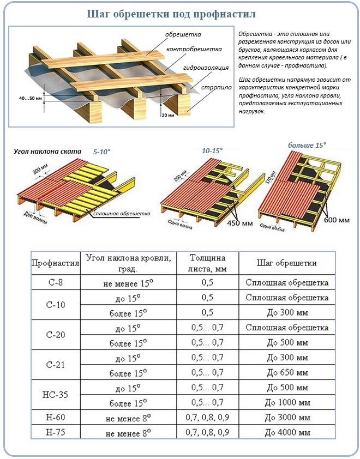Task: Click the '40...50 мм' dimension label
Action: click(x=29, y=98)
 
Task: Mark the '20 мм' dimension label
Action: click(x=167, y=115)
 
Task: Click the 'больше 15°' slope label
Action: click(x=307, y=145)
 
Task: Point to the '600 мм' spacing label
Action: click(x=336, y=220)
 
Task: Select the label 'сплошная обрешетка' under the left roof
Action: click(x=121, y=213)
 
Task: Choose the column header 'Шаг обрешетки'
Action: click(x=286, y=263)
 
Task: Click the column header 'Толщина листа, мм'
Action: click(x=207, y=263)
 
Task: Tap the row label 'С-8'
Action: click(x=56, y=283)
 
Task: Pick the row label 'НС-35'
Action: click(x=56, y=395)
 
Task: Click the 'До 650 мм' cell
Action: click(x=286, y=373)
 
